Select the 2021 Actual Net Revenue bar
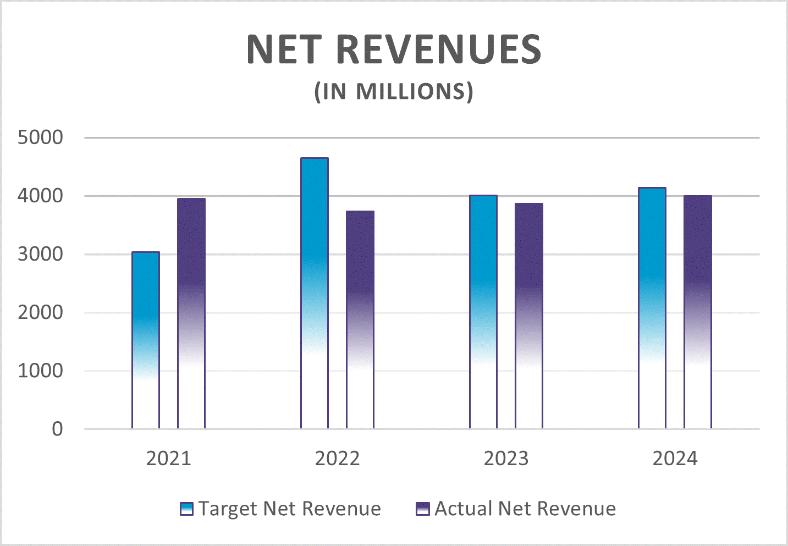pos(191,313)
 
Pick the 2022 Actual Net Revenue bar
pos(360,319)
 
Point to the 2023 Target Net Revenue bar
pos(483,312)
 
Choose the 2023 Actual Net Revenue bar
pos(529,316)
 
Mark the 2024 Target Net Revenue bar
pos(652,308)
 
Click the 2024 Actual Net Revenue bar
pos(698,312)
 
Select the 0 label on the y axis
pos(57,429)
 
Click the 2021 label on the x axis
pos(168,459)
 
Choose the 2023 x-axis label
pos(506,459)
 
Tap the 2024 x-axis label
pos(675,459)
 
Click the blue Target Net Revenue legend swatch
pos(187,509)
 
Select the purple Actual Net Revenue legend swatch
pos(422,509)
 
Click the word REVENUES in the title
pos(438,49)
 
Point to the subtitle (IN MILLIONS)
pos(394,91)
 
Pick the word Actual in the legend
pos(463,509)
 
